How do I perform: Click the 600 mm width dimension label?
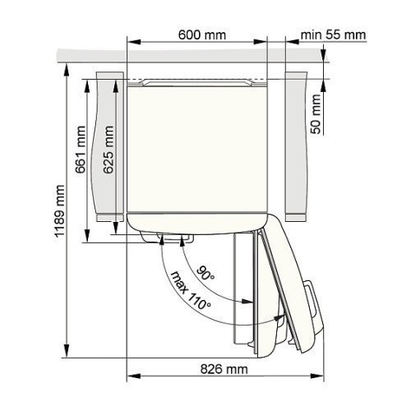point(202,35)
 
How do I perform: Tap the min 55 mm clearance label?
point(333,35)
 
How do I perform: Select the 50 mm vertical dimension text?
point(316,114)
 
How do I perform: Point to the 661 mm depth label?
point(81,150)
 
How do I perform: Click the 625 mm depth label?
point(109,150)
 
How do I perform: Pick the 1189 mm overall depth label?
point(59,210)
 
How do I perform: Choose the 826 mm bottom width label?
point(224,369)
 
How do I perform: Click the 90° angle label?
point(205,273)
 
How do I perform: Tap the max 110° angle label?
point(191,290)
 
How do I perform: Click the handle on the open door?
point(313,304)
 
